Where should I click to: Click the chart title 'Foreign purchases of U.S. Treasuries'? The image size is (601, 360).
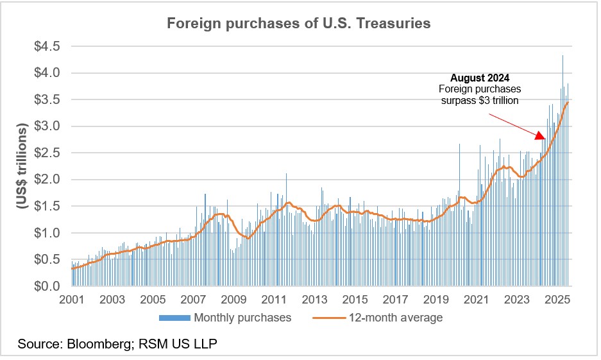[x=298, y=24]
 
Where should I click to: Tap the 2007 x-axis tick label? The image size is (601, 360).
[x=193, y=300]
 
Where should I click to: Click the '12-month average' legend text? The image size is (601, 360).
[x=396, y=318]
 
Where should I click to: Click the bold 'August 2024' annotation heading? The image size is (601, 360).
[x=484, y=78]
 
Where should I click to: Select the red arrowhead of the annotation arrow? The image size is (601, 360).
[x=541, y=135]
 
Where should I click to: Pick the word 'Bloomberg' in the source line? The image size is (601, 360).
[x=99, y=345]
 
